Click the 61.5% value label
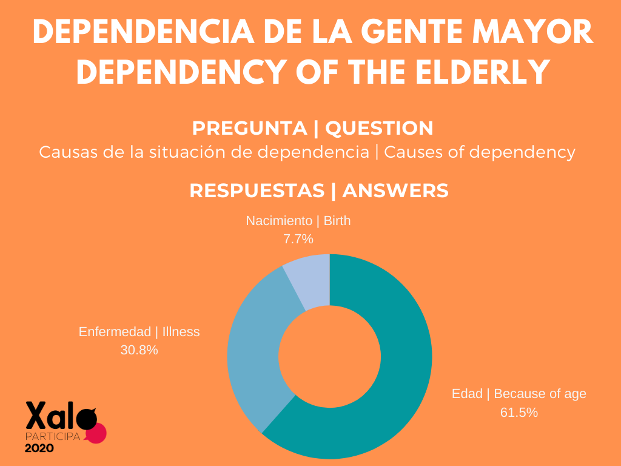coord(519,413)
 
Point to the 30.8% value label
coord(139,350)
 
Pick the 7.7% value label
coord(298,239)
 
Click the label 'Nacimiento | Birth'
coord(298,221)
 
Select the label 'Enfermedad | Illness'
coord(139,332)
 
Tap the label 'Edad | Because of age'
coord(519,394)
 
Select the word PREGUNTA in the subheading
coord(249,128)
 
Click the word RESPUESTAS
coord(257,190)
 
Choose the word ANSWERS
coord(395,190)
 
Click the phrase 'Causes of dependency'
coord(479,152)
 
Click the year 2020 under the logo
coord(39,448)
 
